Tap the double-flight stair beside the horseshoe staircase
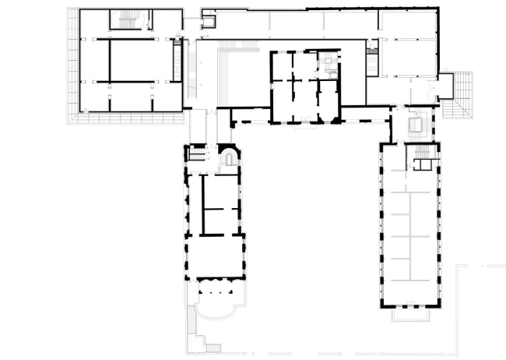tap(199, 152)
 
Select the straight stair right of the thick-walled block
tap(371, 58)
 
